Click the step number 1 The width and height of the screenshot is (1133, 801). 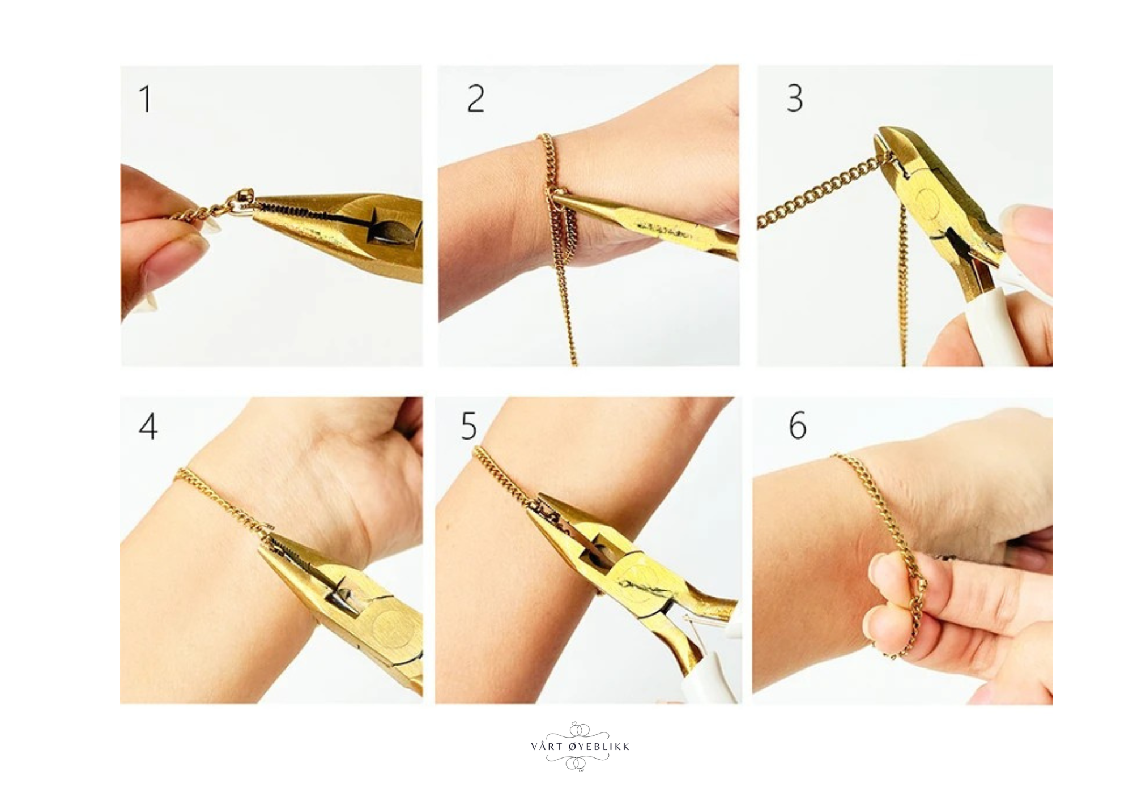tap(146, 99)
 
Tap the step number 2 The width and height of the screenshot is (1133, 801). tap(476, 99)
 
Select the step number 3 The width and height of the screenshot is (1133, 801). tap(795, 98)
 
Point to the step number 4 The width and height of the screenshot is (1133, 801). tap(148, 426)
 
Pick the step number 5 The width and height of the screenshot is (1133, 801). tap(468, 426)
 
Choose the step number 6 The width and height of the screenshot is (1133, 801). tap(798, 425)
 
